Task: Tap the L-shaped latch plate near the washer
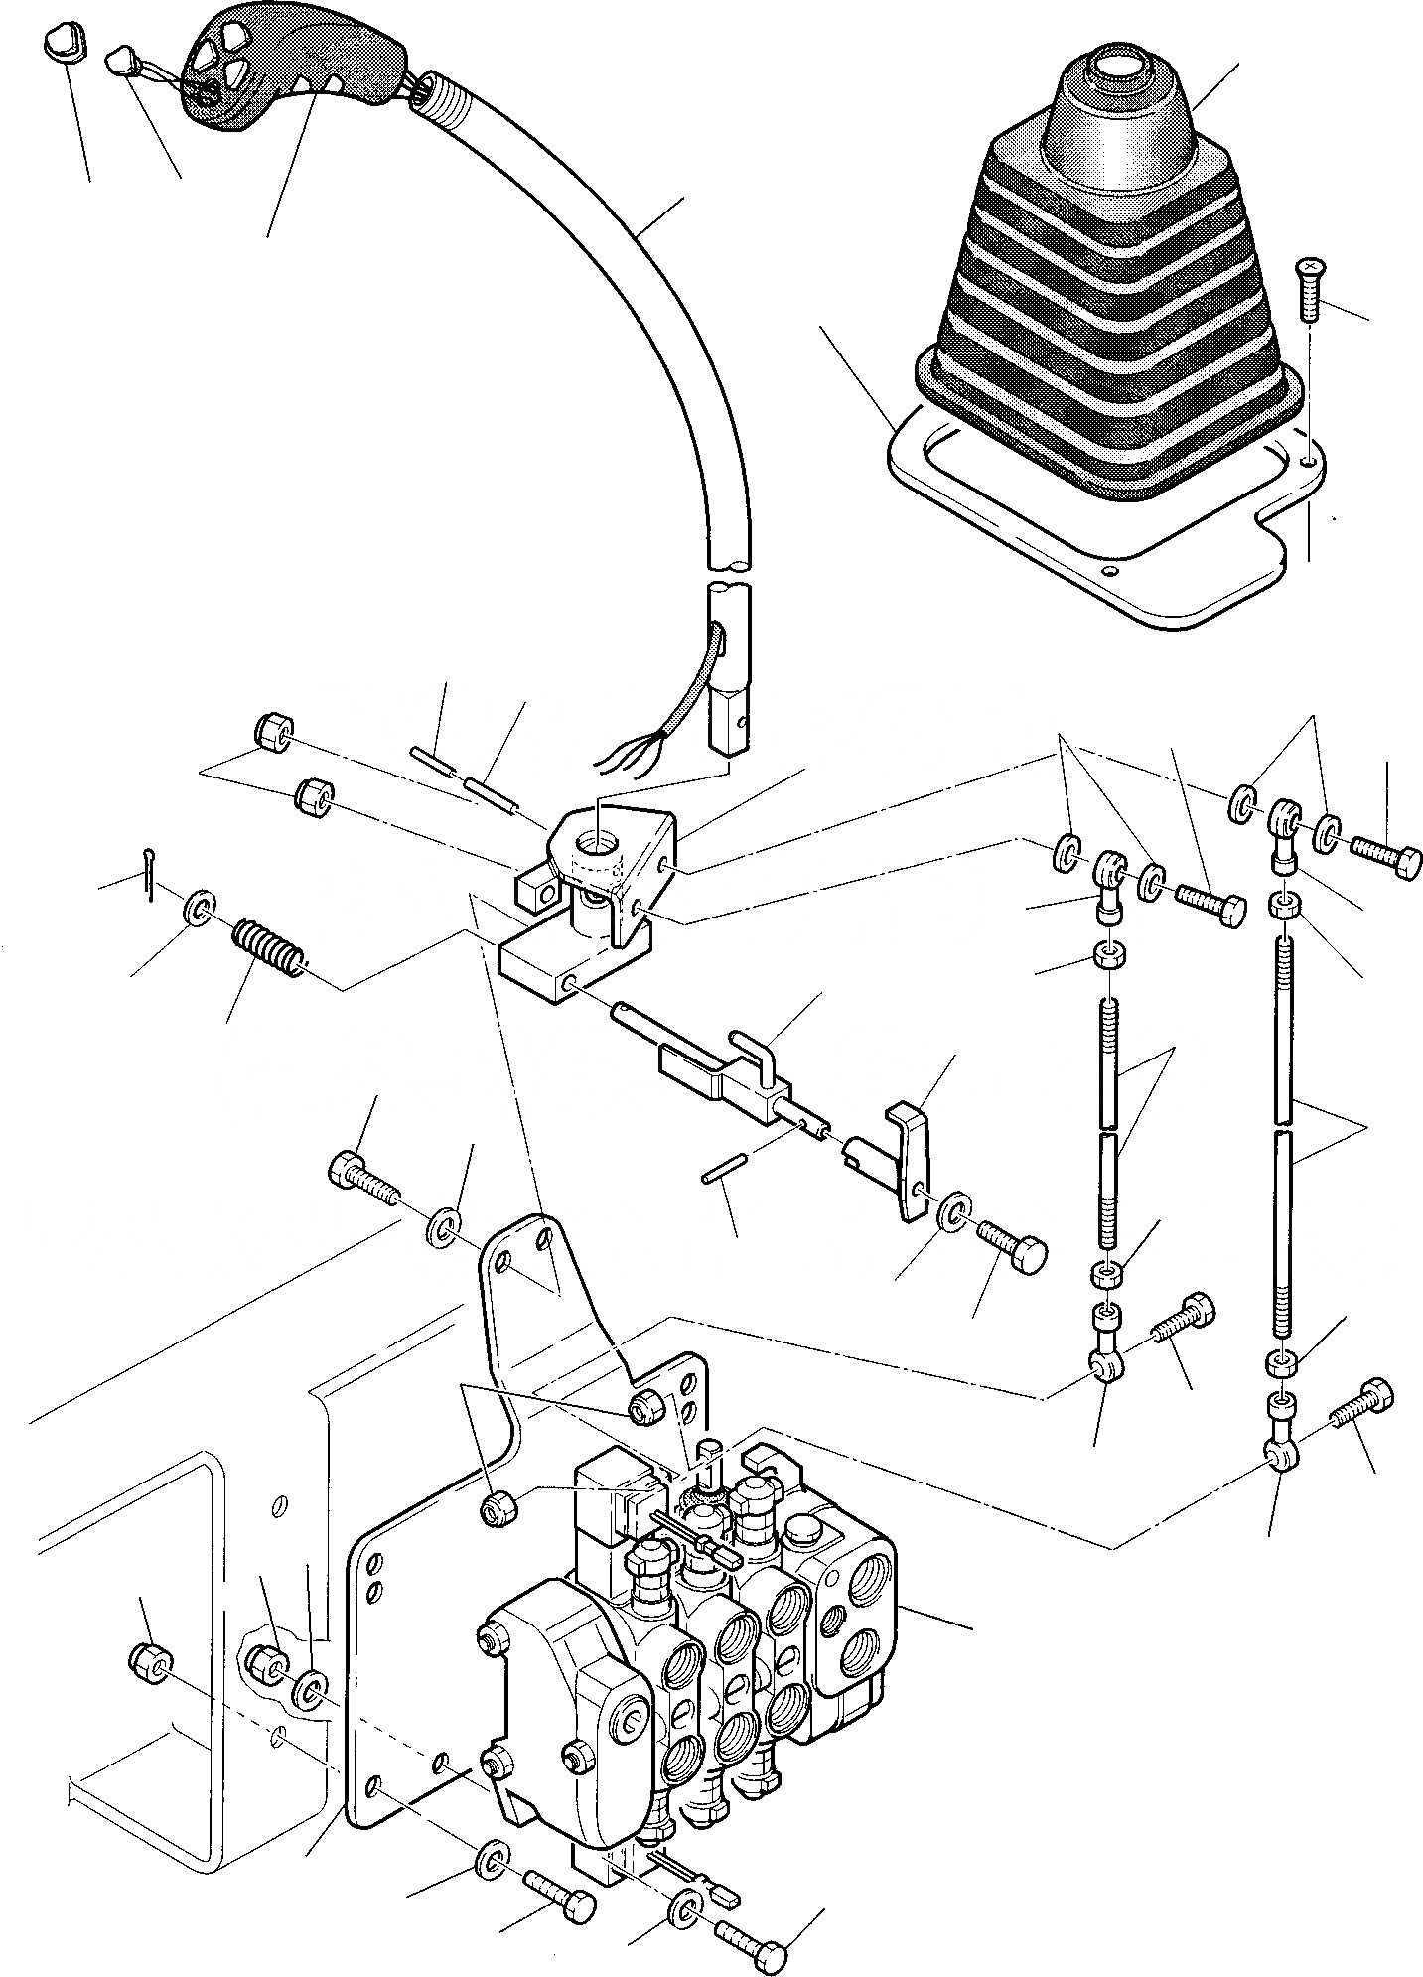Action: coord(909,1152)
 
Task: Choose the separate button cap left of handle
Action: coord(65,44)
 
